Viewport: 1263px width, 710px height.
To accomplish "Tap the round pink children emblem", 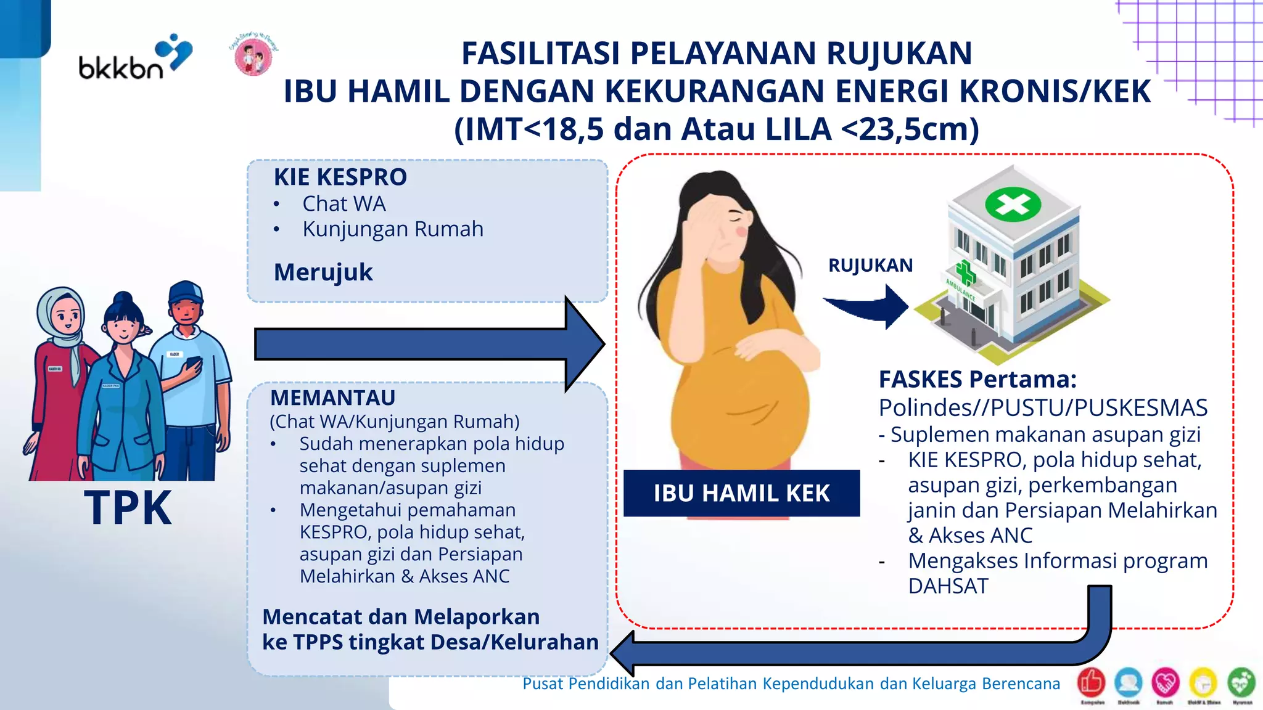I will pyautogui.click(x=253, y=55).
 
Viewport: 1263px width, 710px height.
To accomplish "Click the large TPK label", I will pyautogui.click(x=128, y=508).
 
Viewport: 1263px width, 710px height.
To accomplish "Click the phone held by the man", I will pyautogui.click(x=193, y=363).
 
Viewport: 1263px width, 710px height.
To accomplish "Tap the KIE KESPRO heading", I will pyautogui.click(x=340, y=177).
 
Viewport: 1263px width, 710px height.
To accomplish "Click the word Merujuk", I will pyautogui.click(x=323, y=272).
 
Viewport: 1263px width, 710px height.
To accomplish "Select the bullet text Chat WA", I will pyautogui.click(x=344, y=204).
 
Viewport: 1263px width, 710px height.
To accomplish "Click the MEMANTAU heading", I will pyautogui.click(x=332, y=398).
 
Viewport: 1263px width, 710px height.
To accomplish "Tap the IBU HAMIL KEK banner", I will pyautogui.click(x=741, y=493).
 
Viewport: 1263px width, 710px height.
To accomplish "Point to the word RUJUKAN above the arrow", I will pyautogui.click(x=870, y=266).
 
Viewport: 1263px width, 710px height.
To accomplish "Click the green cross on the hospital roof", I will pyautogui.click(x=1013, y=204).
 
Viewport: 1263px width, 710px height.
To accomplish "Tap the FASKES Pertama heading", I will pyautogui.click(x=977, y=380).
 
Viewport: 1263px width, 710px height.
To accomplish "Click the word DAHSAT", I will pyautogui.click(x=948, y=586).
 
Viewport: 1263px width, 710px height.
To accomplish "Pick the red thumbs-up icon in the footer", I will pyautogui.click(x=1091, y=682).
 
